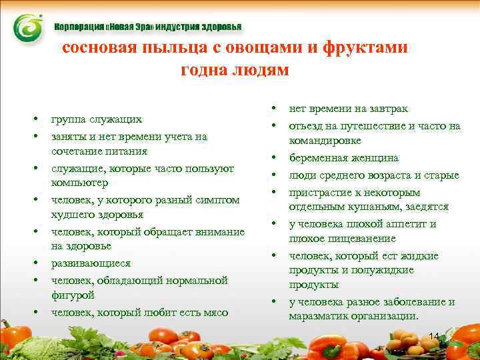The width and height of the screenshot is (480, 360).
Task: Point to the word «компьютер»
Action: (79, 183)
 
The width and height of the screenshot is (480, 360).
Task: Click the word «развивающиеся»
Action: (91, 263)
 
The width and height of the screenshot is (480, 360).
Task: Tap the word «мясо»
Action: (214, 312)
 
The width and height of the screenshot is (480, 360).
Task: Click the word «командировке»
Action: (325, 141)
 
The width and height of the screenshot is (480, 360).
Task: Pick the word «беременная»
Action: (318, 159)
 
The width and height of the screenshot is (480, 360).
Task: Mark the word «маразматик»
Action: (319, 317)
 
